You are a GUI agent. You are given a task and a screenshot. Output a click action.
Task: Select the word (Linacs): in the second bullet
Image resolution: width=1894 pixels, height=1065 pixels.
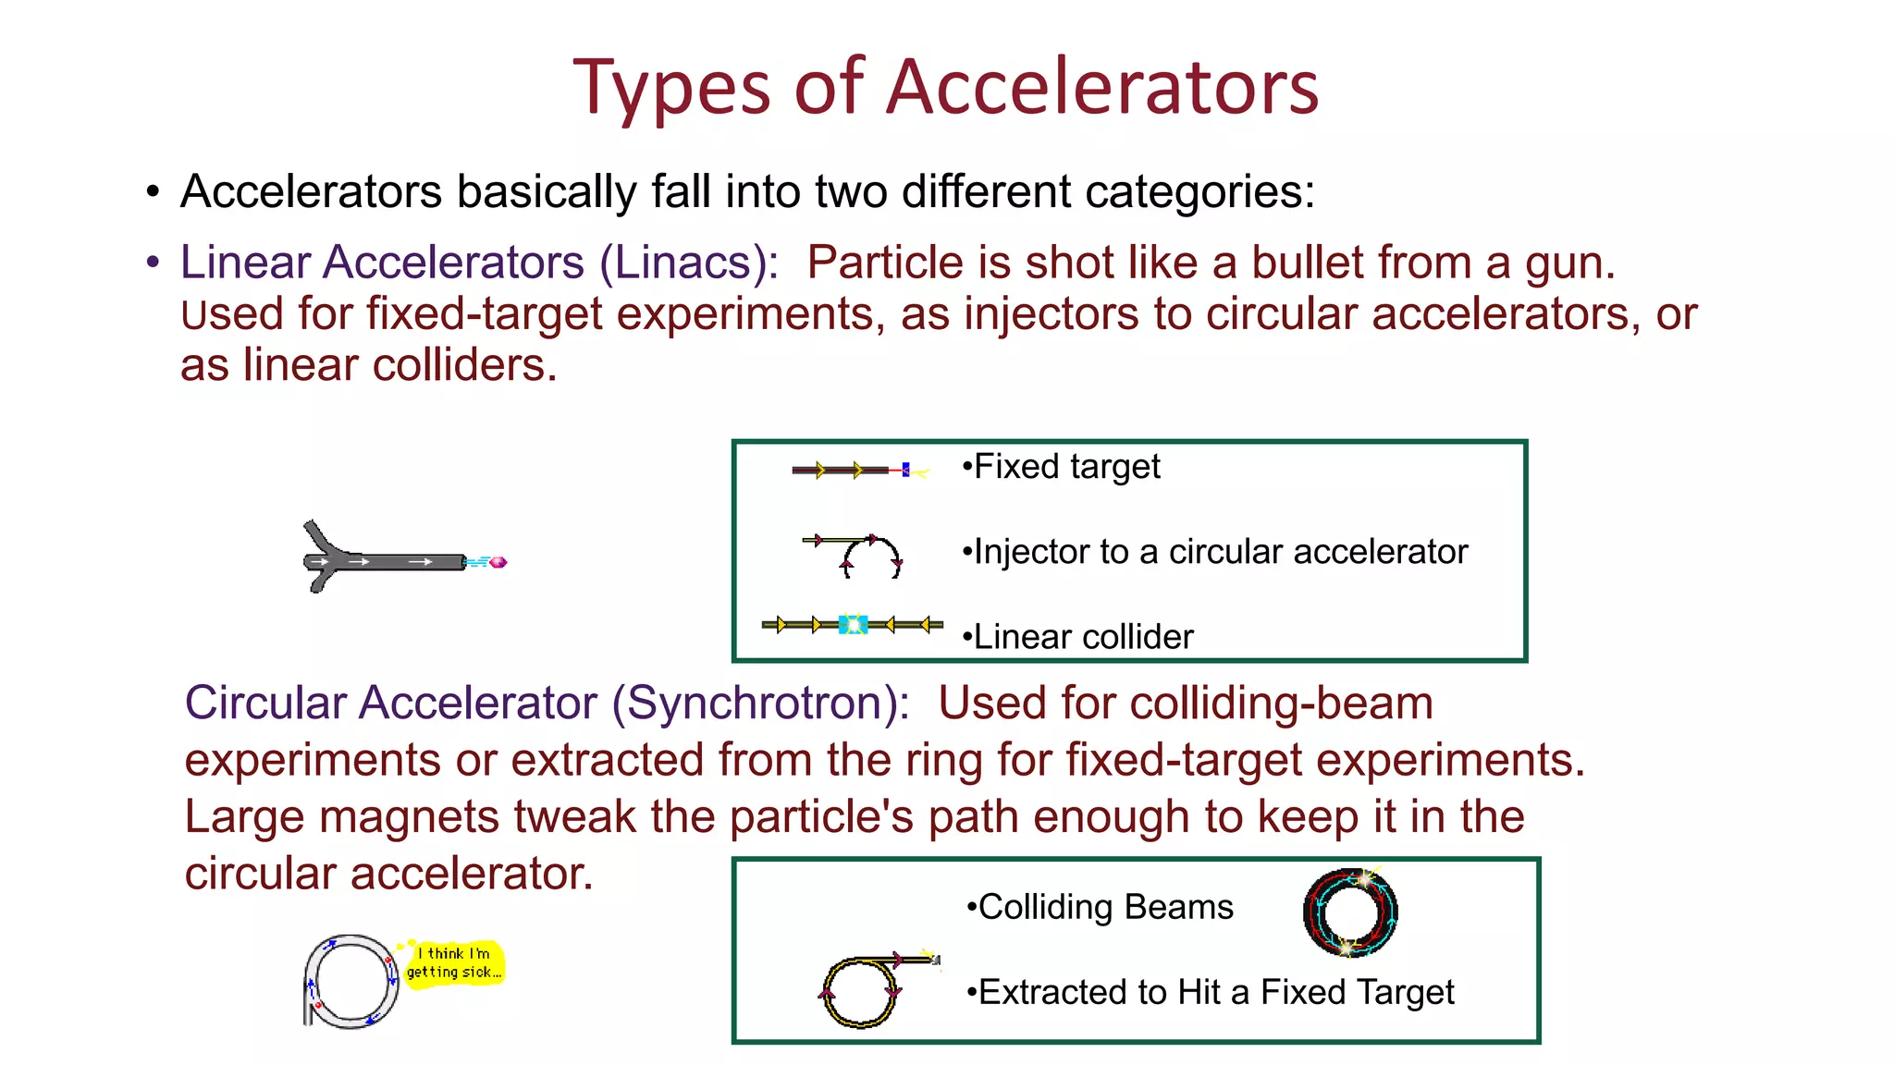[690, 263]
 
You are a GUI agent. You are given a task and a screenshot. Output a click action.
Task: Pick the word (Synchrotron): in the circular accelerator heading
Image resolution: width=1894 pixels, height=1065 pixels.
[761, 703]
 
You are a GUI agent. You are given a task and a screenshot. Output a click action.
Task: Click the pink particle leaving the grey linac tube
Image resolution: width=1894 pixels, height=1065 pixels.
[498, 562]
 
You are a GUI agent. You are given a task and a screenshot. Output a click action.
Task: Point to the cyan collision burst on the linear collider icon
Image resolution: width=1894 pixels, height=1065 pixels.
[852, 625]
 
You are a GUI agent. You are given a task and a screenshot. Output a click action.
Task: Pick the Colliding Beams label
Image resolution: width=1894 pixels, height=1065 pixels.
[1105, 907]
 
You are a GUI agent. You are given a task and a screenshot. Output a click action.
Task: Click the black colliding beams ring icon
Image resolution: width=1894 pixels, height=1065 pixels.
[1350, 912]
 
